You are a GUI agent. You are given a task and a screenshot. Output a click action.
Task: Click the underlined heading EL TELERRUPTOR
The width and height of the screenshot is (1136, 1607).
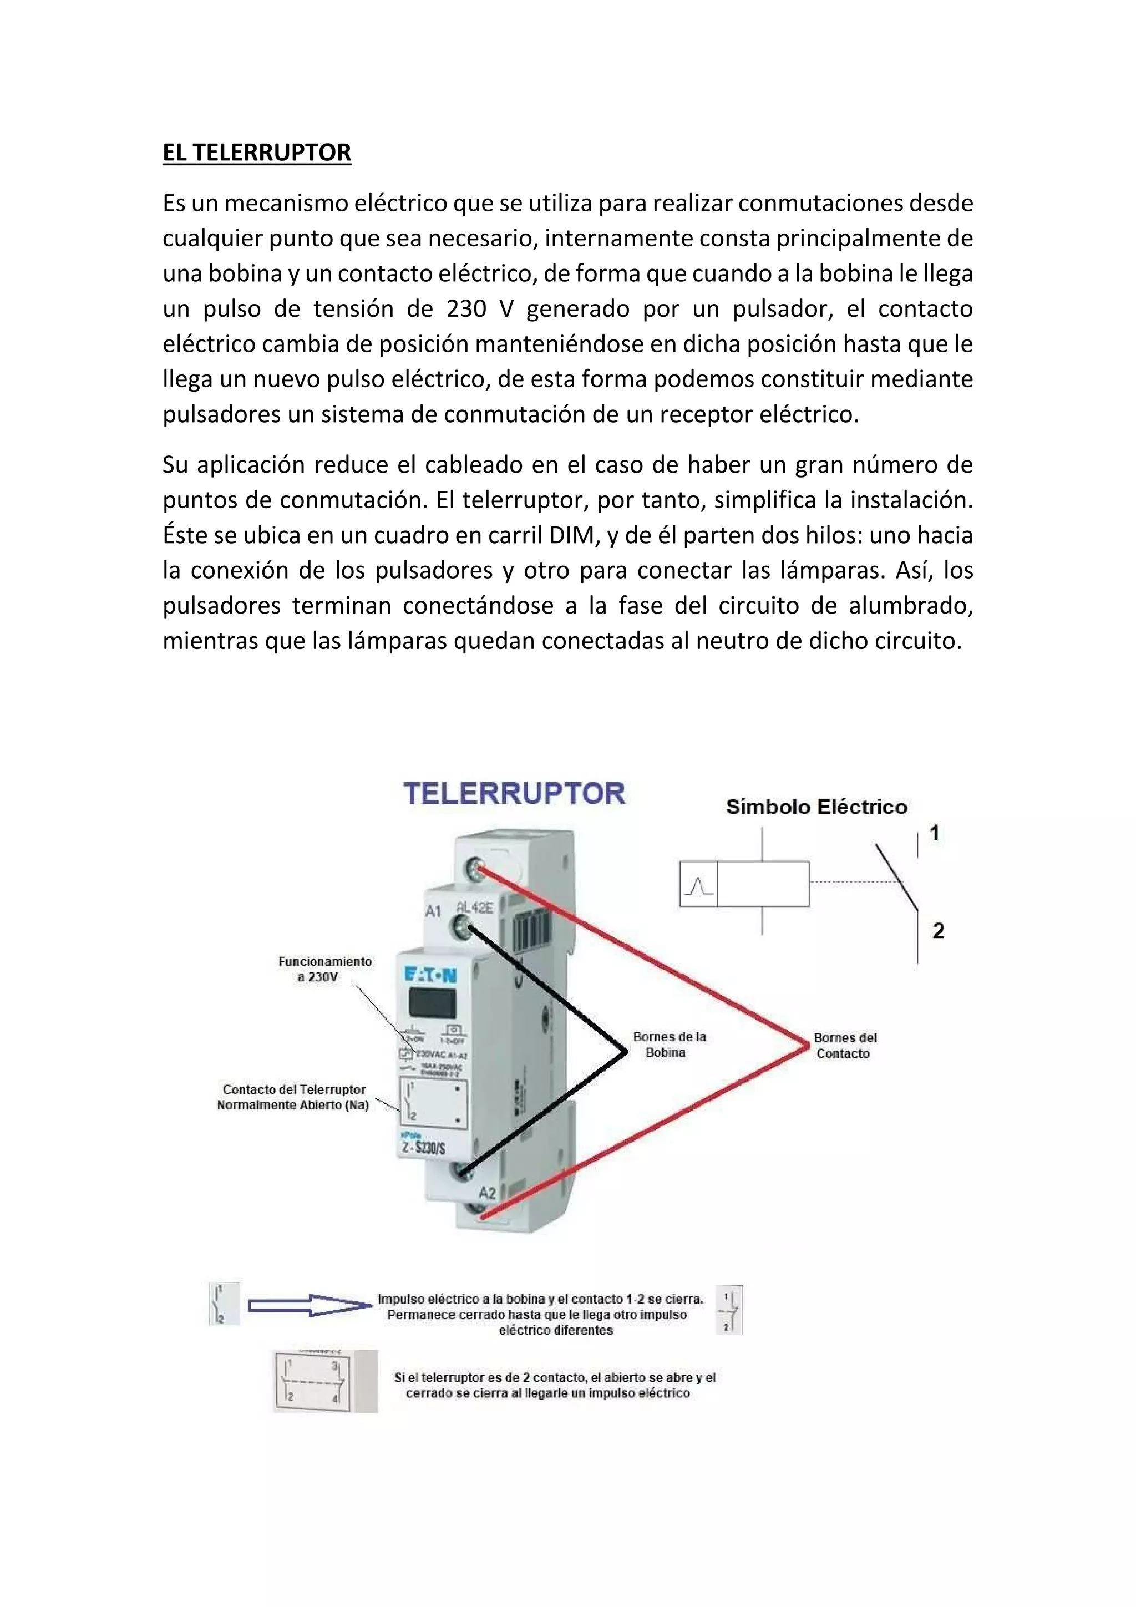pos(256,153)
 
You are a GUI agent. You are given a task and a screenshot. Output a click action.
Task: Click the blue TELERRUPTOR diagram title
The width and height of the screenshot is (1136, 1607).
pos(514,794)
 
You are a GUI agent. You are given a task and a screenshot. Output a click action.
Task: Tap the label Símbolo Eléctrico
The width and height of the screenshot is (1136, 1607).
pos(816,807)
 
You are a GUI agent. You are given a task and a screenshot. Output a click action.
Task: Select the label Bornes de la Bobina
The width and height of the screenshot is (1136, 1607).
pos(668,1045)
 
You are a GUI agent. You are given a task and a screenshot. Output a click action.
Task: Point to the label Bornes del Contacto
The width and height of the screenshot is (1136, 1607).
pos(844,1045)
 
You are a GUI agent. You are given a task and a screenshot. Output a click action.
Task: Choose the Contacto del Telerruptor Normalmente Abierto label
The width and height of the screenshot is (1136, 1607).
pos(293,1097)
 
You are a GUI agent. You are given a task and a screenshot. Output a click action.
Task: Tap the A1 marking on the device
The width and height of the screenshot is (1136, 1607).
pos(433,911)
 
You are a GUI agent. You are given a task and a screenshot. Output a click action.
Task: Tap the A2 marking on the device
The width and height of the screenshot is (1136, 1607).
pos(487,1193)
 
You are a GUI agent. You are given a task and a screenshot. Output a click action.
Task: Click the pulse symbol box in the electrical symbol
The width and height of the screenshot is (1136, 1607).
pos(698,885)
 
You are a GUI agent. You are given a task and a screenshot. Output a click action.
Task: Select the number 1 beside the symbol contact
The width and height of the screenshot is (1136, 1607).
pos(934,833)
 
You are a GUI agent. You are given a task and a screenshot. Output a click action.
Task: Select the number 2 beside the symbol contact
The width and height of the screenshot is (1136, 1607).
pos(938,930)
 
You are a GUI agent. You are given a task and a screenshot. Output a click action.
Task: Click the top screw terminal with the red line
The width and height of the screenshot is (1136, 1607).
pos(479,871)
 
